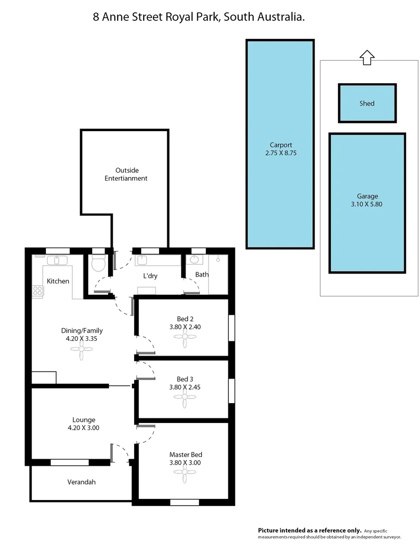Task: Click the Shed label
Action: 366,104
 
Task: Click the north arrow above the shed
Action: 365,57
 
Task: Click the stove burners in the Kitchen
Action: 38,291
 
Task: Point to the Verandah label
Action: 82,482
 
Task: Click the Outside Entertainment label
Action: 126,174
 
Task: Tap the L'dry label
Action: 150,276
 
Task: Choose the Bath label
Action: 202,274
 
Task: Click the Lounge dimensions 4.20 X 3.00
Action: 84,428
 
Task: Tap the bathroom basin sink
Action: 194,260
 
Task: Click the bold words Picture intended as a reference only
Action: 310,531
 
